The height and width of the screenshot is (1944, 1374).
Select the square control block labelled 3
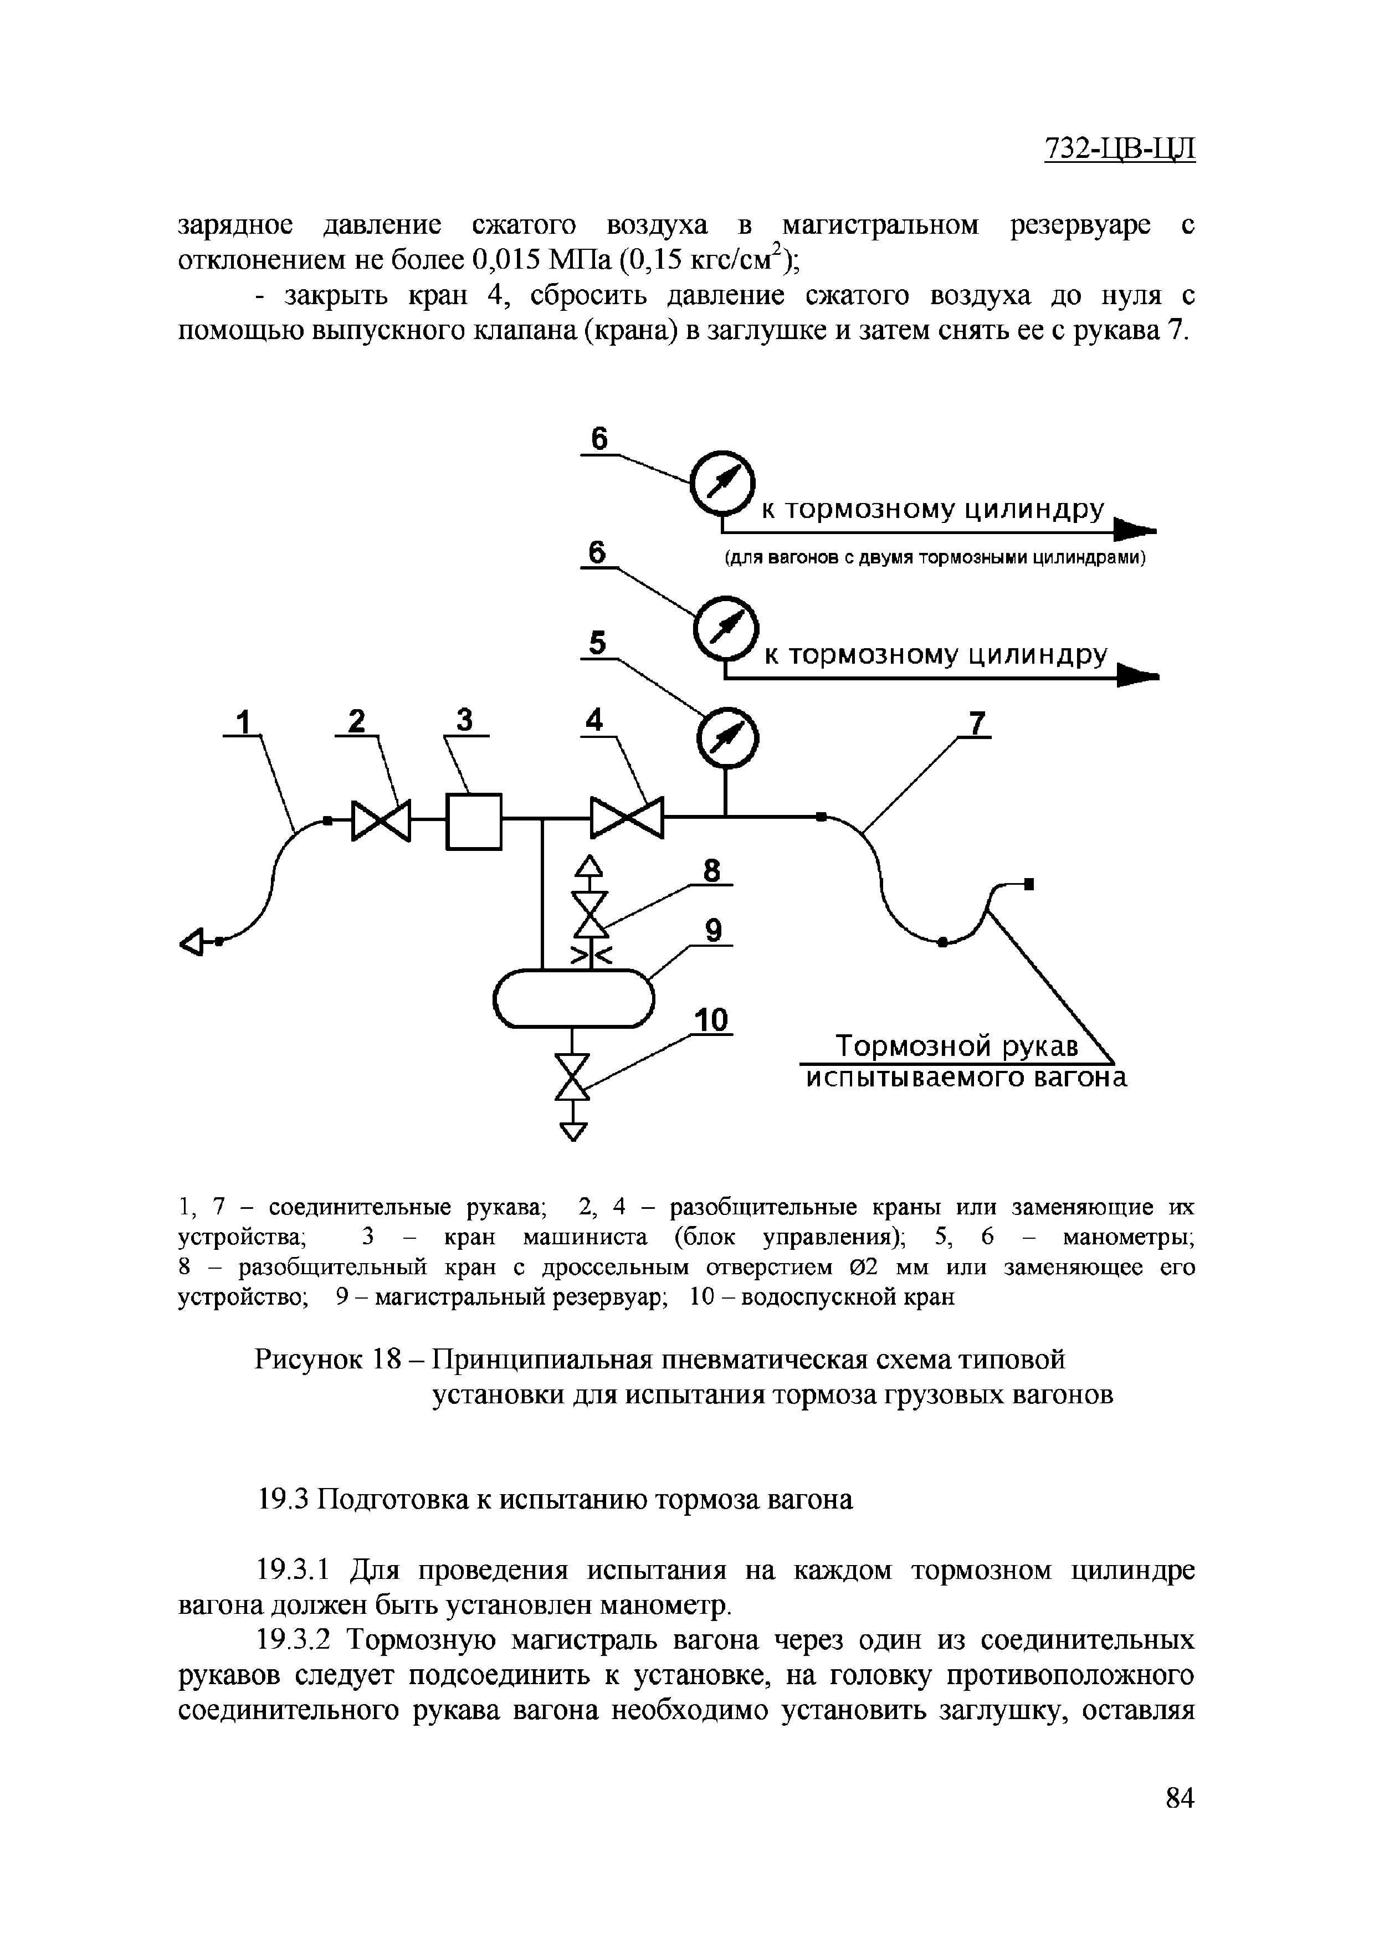[x=474, y=820]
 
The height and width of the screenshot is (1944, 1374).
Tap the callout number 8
[x=712, y=871]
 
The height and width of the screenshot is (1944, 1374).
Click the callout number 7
[x=978, y=724]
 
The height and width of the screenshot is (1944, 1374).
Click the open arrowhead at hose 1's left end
[x=193, y=941]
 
